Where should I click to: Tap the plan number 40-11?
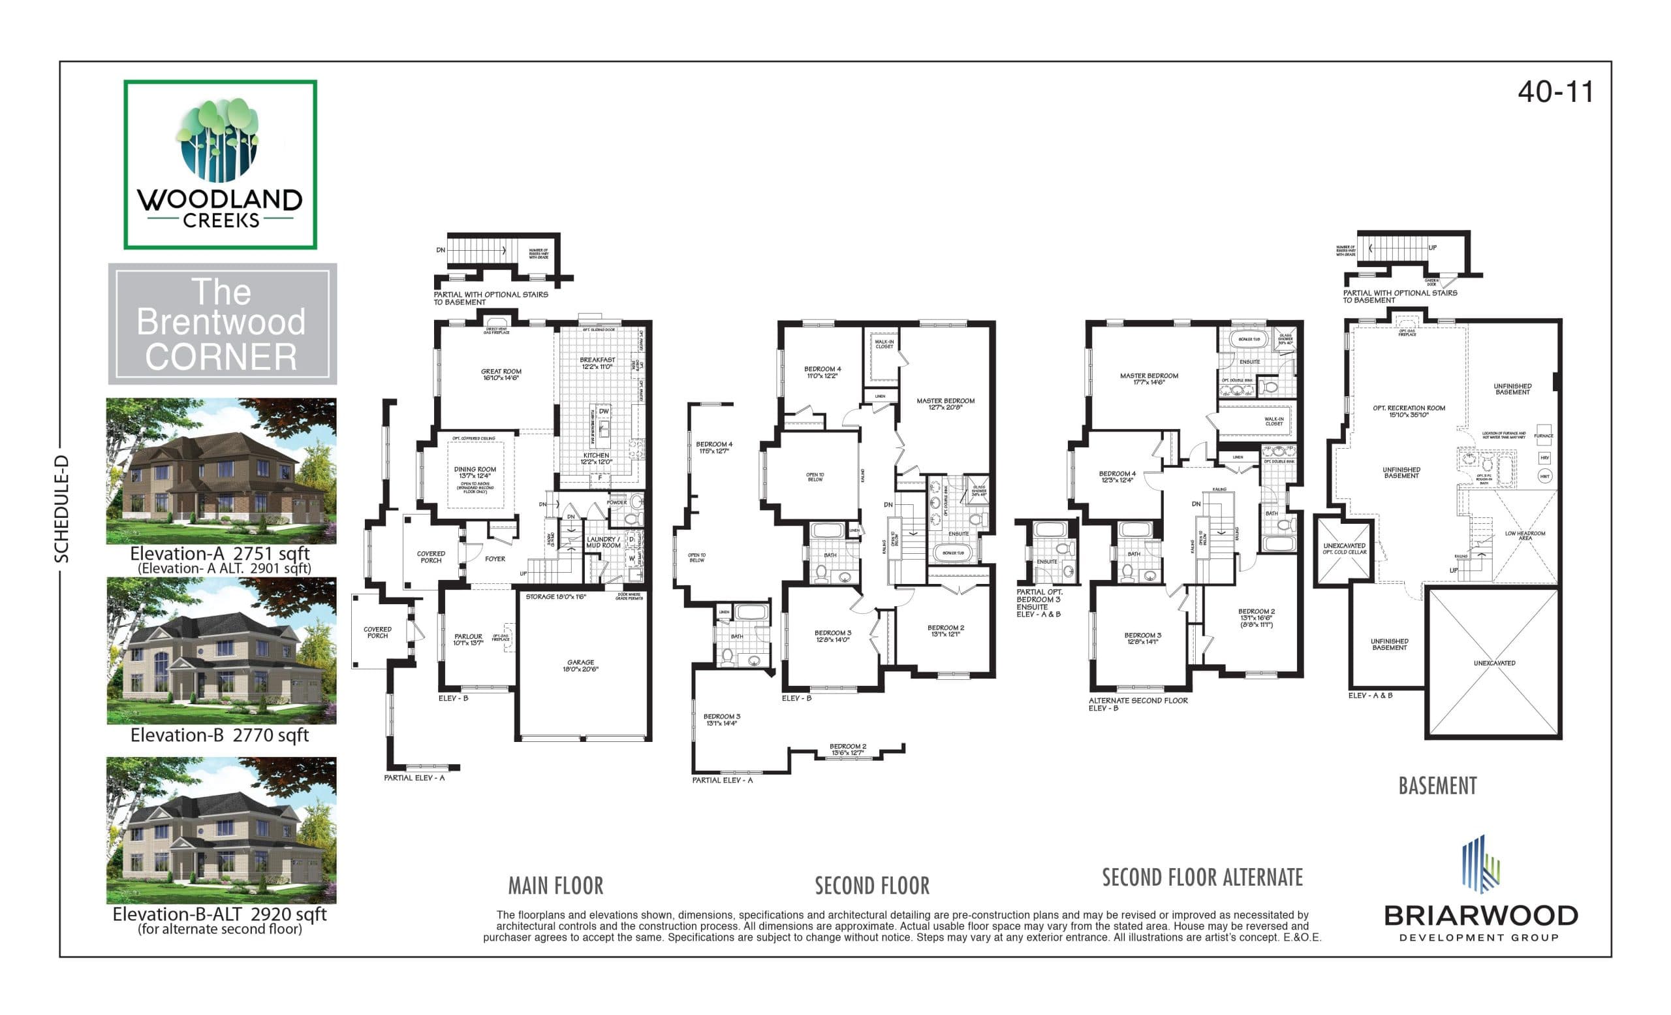click(1555, 92)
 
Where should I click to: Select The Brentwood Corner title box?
click(222, 325)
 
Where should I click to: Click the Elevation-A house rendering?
click(221, 471)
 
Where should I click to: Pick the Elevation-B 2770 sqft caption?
click(219, 735)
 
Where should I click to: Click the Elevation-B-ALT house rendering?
click(221, 830)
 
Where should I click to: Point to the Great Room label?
click(501, 374)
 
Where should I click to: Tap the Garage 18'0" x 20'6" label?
click(580, 666)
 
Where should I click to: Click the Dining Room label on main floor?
click(475, 472)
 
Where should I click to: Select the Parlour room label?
click(468, 639)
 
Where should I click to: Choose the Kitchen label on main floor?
click(596, 459)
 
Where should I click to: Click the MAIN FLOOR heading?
click(555, 886)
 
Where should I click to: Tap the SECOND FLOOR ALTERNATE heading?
click(1202, 878)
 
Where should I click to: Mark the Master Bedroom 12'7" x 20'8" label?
click(945, 404)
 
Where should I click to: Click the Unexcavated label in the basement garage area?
click(1494, 663)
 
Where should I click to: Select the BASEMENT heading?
click(1437, 786)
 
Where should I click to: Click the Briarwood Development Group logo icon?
click(1480, 863)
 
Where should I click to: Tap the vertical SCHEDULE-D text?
click(62, 509)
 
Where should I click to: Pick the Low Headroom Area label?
click(1525, 536)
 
